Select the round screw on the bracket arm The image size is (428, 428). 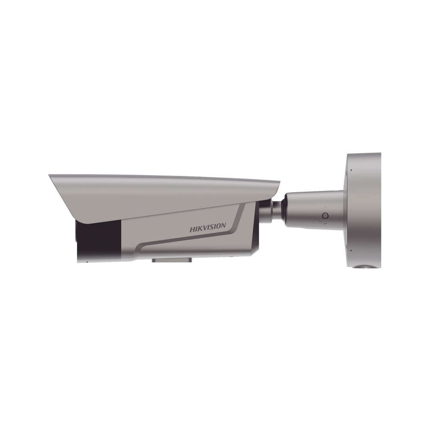[325, 216]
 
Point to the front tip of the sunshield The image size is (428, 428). [49, 175]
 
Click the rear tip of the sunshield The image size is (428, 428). [279, 182]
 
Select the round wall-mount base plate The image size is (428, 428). [364, 210]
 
